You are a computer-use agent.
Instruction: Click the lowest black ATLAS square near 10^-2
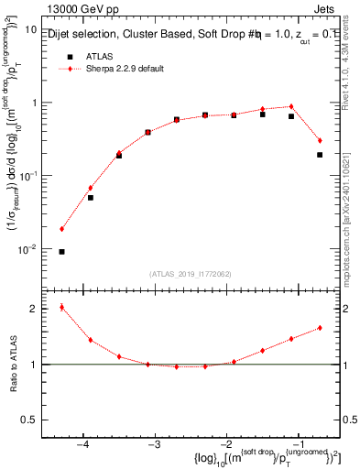(61, 251)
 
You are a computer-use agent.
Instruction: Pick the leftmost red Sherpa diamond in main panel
(61, 229)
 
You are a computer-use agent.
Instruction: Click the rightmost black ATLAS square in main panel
(320, 155)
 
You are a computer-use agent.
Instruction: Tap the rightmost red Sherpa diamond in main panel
(320, 140)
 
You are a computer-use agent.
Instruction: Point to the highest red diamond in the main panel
(291, 106)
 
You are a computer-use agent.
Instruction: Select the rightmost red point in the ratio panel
(320, 328)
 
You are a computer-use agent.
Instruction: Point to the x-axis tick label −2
(226, 444)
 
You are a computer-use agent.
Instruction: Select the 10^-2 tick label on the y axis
(28, 248)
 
